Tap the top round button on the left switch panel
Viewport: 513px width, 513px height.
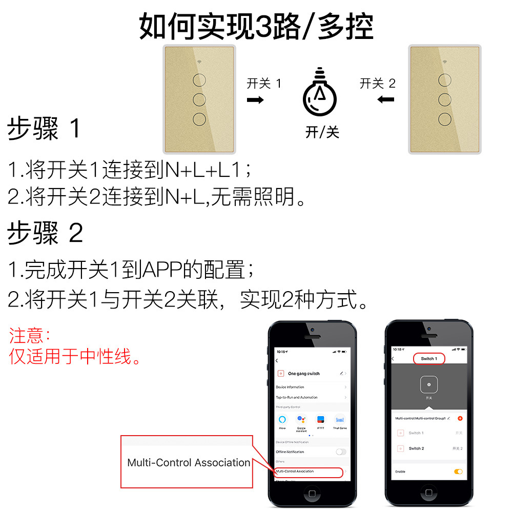coord(200,80)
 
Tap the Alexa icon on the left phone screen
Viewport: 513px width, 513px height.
coord(282,419)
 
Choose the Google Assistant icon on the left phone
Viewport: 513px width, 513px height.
coord(301,419)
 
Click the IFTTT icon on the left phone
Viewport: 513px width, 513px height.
coord(320,419)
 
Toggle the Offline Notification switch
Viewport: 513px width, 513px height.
coord(341,452)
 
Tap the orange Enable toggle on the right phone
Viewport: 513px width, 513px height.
coord(458,471)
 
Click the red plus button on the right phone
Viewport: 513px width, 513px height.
coord(460,418)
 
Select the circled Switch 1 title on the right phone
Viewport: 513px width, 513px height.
coord(429,359)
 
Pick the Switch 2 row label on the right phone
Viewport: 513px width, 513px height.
coord(416,448)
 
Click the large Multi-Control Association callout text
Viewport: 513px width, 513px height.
coord(189,463)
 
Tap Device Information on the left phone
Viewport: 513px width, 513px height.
coord(290,387)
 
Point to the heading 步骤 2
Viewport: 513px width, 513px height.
coord(45,234)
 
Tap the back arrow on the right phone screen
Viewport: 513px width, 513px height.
coord(394,359)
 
